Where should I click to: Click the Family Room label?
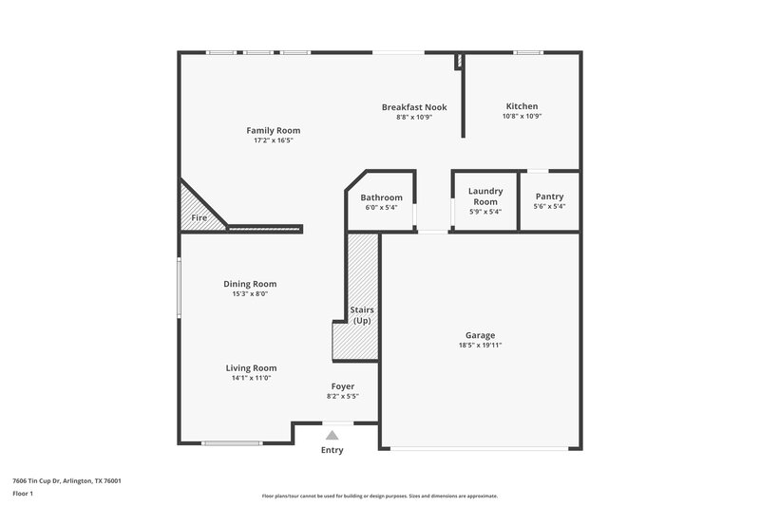pyautogui.click(x=273, y=130)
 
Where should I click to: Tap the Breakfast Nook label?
pyautogui.click(x=414, y=107)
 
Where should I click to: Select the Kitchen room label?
pyautogui.click(x=522, y=106)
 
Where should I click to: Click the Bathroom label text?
pyautogui.click(x=381, y=197)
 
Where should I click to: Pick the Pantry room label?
pyautogui.click(x=549, y=197)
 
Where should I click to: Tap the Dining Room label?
pyautogui.click(x=250, y=284)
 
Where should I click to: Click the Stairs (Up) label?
pyautogui.click(x=362, y=315)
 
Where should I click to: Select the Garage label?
pyautogui.click(x=480, y=335)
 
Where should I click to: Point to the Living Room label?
pyautogui.click(x=251, y=368)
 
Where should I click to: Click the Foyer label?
pyautogui.click(x=342, y=386)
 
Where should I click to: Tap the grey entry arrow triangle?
pyautogui.click(x=332, y=434)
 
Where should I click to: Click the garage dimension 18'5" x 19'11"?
pyautogui.click(x=480, y=346)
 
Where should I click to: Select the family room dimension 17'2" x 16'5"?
pyautogui.click(x=273, y=141)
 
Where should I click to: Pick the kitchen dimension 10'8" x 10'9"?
pyautogui.click(x=522, y=117)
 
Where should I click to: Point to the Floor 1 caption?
pyautogui.click(x=23, y=495)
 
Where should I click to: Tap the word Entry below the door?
pyautogui.click(x=332, y=450)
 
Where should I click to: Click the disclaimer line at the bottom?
pyautogui.click(x=379, y=496)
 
